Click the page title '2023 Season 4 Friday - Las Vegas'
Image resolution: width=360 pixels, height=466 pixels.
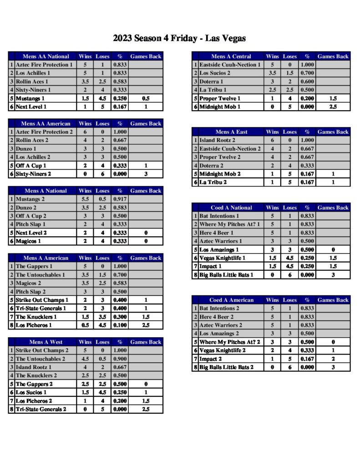179,38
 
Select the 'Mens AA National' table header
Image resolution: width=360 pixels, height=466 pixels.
46,56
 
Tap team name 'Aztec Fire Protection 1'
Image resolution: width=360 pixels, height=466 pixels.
44,65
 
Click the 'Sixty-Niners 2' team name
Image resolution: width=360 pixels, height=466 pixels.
34,174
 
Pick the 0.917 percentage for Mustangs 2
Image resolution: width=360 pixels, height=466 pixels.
120,199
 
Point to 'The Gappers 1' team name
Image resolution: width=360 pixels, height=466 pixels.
34,266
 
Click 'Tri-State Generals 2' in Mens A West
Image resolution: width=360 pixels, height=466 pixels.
41,409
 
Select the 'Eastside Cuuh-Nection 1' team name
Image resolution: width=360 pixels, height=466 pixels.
230,65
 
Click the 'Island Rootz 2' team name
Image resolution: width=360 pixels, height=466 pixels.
218,141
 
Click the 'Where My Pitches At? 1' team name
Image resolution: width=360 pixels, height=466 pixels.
230,224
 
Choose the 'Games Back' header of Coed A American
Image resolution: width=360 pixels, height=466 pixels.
333,300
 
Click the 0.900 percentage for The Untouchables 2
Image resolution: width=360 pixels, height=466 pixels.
120,359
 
